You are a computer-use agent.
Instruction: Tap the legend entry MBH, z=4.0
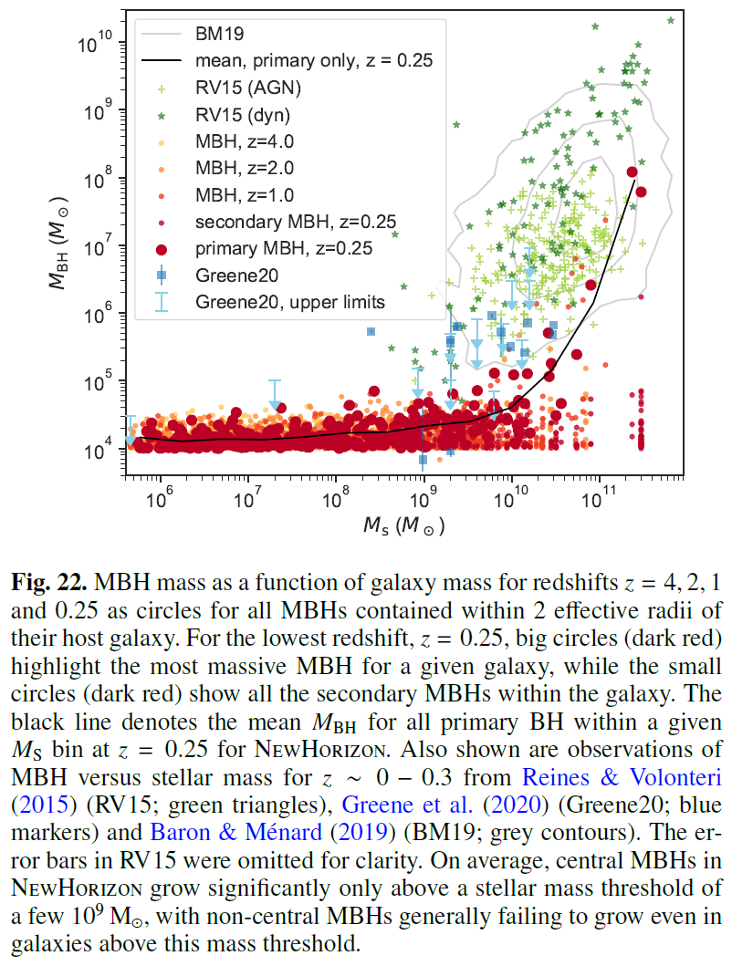[242, 141]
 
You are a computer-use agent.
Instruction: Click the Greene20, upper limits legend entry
[290, 302]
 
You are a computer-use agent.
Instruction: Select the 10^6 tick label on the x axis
[160, 500]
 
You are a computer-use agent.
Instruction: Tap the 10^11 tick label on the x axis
[599, 500]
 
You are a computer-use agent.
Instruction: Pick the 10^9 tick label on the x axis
[423, 500]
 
